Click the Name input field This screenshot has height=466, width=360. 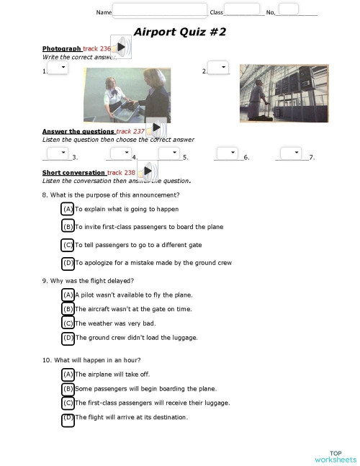(x=160, y=11)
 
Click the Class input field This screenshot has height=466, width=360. (x=243, y=9)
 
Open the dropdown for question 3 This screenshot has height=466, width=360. (x=57, y=153)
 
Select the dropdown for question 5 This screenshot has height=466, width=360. (x=168, y=153)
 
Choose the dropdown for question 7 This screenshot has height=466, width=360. (x=291, y=153)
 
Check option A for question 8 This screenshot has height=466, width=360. (x=68, y=209)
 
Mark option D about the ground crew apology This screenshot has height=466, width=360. (x=68, y=263)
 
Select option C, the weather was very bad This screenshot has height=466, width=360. (x=68, y=323)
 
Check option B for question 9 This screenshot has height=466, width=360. (x=68, y=309)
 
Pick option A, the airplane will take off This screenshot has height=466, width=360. (x=68, y=375)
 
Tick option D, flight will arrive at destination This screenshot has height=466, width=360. (x=68, y=418)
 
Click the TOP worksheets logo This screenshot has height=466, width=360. (x=335, y=455)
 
